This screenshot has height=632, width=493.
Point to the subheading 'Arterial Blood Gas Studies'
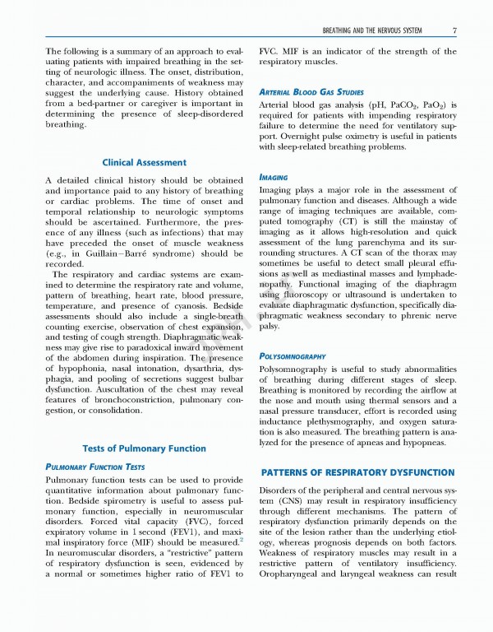[x=311, y=91]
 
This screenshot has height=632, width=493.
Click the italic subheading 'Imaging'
[x=273, y=177]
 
